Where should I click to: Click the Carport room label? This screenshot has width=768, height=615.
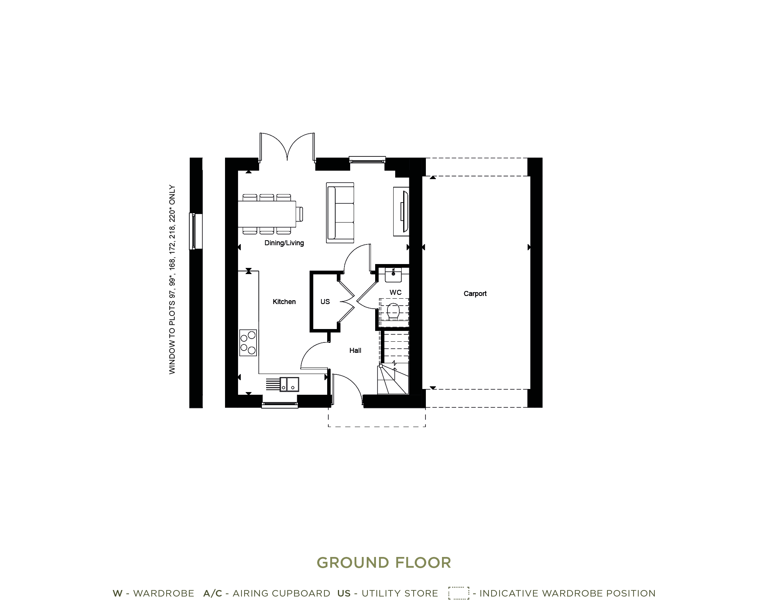pyautogui.click(x=475, y=294)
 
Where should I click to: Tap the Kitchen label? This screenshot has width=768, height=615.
pyautogui.click(x=284, y=302)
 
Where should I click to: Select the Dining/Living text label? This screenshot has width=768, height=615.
pyautogui.click(x=284, y=243)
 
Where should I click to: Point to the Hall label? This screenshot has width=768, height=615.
pyautogui.click(x=355, y=351)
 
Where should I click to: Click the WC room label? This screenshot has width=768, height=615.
pyautogui.click(x=396, y=293)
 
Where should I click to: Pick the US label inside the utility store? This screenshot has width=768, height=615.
pyautogui.click(x=325, y=302)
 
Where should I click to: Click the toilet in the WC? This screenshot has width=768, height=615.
pyautogui.click(x=394, y=312)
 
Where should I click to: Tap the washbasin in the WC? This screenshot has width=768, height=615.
pyautogui.click(x=393, y=275)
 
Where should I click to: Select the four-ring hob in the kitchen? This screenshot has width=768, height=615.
pyautogui.click(x=248, y=342)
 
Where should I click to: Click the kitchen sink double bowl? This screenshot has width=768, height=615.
pyautogui.click(x=289, y=384)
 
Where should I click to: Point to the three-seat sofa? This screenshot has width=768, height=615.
pyautogui.click(x=340, y=213)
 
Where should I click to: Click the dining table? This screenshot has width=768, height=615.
pyautogui.click(x=267, y=214)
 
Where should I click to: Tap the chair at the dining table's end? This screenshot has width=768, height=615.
pyautogui.click(x=300, y=214)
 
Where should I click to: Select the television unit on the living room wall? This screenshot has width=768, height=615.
pyautogui.click(x=401, y=211)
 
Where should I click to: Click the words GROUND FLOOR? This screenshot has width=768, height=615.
pyautogui.click(x=384, y=563)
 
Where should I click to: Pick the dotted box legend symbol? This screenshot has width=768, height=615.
pyautogui.click(x=458, y=593)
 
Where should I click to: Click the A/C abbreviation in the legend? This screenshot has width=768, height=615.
pyautogui.click(x=213, y=593)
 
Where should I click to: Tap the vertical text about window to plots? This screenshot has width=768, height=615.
pyautogui.click(x=172, y=280)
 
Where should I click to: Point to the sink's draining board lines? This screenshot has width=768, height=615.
pyautogui.click(x=273, y=384)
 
